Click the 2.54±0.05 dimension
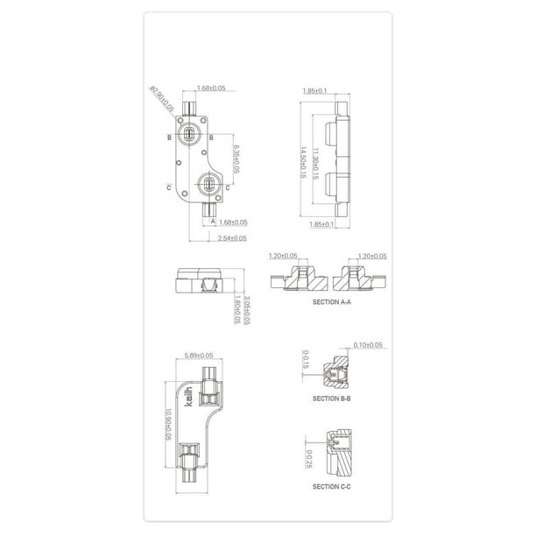[x=232, y=237]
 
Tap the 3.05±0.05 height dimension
[x=247, y=310]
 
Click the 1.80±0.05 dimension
[x=236, y=310]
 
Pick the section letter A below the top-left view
[x=212, y=222]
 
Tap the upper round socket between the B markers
[x=194, y=135]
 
